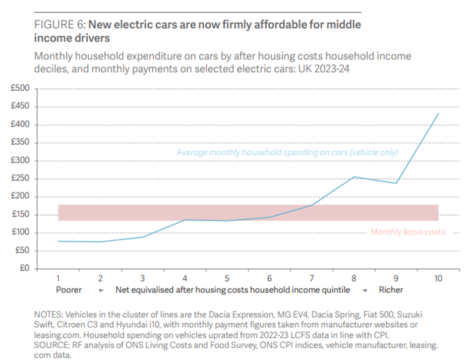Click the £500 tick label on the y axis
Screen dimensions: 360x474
(x=21, y=89)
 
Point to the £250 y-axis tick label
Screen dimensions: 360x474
(x=21, y=179)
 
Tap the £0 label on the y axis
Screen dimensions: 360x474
(x=24, y=269)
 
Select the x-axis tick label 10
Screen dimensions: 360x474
(x=438, y=278)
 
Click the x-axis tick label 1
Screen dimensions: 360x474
(x=58, y=278)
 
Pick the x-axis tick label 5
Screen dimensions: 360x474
(x=227, y=278)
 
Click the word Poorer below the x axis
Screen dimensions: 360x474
(x=69, y=290)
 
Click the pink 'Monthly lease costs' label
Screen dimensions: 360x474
(x=407, y=232)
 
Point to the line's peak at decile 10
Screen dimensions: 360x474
(x=438, y=113)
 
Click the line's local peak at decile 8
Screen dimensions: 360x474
(x=354, y=177)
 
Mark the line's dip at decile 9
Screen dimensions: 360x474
(x=396, y=183)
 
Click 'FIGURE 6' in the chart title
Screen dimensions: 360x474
(x=53, y=24)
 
